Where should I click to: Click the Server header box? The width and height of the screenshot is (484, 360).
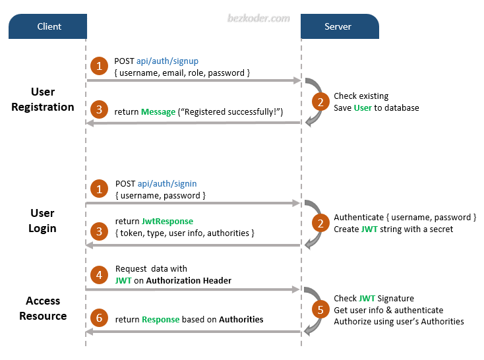tap(339, 26)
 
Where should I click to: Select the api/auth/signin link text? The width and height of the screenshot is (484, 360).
tap(167, 184)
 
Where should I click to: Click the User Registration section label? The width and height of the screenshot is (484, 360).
tap(43, 100)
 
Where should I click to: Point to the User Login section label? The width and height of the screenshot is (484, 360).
tap(43, 221)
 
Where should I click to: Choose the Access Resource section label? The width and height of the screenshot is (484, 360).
tap(43, 308)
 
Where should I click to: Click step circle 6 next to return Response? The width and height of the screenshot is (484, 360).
tap(99, 319)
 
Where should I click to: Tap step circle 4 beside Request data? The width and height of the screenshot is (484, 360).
tap(99, 274)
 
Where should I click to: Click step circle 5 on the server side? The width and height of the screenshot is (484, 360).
tap(320, 310)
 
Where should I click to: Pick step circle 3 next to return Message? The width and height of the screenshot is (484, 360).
tap(99, 111)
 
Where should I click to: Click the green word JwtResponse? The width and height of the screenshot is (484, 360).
tap(167, 222)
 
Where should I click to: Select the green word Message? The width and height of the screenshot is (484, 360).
tap(158, 112)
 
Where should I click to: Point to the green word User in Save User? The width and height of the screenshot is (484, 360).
tap(363, 107)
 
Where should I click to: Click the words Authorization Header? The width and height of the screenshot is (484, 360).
tap(189, 280)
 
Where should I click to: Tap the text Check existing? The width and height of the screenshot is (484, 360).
tap(361, 96)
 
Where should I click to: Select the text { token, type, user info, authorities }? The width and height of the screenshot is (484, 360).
tap(185, 233)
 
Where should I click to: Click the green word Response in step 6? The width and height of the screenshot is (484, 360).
tap(160, 320)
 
